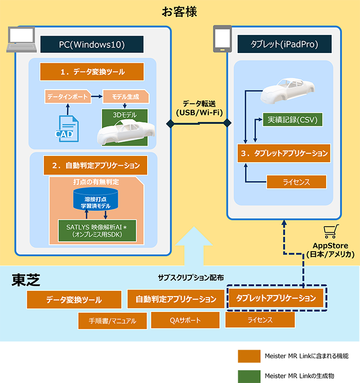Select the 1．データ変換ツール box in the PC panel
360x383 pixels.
pyautogui.click(x=92, y=72)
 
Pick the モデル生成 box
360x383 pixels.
pyautogui.click(x=125, y=96)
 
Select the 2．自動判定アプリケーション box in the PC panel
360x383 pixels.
pyautogui.click(x=92, y=166)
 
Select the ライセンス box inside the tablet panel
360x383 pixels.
pyautogui.click(x=296, y=182)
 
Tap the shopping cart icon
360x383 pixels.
pyautogui.click(x=330, y=232)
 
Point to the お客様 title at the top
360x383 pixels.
pyautogui.click(x=179, y=11)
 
